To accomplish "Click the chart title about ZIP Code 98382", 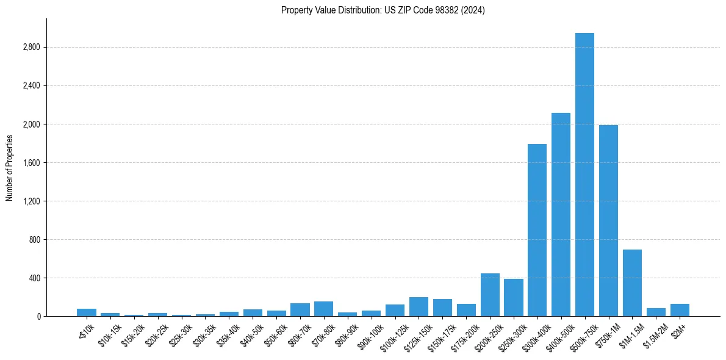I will click(x=383, y=10).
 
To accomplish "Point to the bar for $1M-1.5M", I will click(x=632, y=283).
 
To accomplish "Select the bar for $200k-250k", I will click(x=490, y=295).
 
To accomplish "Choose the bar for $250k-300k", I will click(x=514, y=298).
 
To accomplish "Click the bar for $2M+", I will click(x=680, y=310).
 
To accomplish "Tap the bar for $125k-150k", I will click(x=419, y=307).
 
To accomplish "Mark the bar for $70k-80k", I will click(x=323, y=309).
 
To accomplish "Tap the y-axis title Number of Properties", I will click(x=10, y=168).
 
